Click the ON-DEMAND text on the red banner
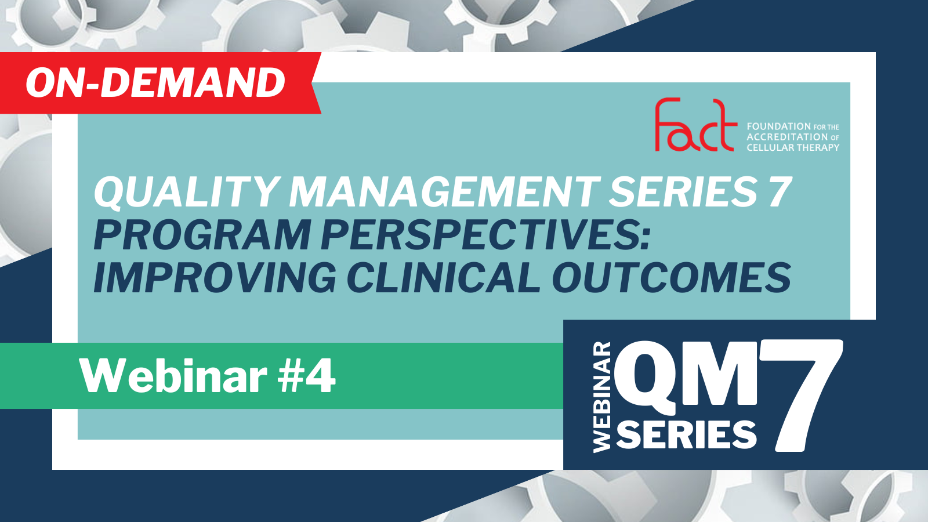[155, 83]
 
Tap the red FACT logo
[695, 125]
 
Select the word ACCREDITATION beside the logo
[786, 137]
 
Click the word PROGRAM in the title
[202, 235]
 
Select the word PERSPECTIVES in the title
[485, 235]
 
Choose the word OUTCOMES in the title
[672, 278]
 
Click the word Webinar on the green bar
[173, 376]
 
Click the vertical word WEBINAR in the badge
[602, 397]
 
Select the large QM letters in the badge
[686, 378]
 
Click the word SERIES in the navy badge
[687, 434]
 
